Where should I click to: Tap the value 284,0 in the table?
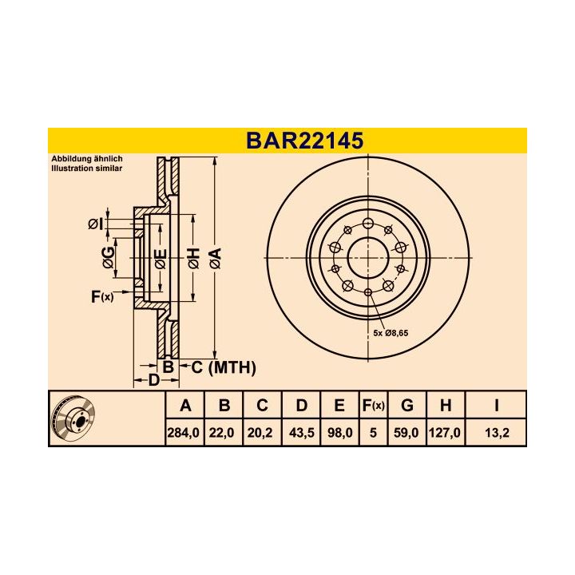(185, 432)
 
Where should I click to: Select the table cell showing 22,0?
(224, 432)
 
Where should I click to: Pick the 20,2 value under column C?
(262, 432)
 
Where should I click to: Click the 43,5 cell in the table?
(300, 432)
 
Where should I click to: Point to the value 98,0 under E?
(339, 432)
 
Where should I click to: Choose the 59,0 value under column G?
(407, 432)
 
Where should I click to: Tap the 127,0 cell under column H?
(446, 432)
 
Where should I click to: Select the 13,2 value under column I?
(496, 432)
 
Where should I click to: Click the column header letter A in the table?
(185, 406)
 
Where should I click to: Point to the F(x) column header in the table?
(373, 406)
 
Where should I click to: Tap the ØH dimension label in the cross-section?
(192, 258)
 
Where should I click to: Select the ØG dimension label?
(108, 258)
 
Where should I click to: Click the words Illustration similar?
(87, 169)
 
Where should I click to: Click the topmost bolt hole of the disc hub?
(367, 223)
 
